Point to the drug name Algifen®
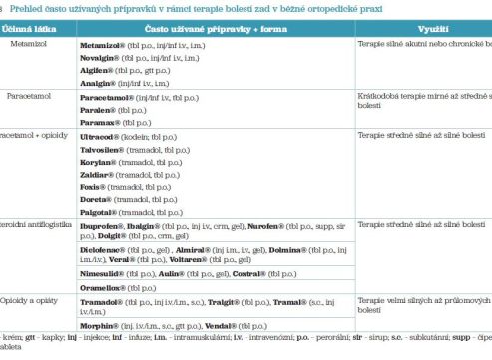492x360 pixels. click(98, 73)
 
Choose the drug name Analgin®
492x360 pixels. click(99, 87)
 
